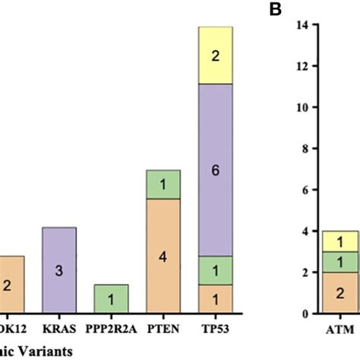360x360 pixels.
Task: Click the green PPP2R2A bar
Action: (x=111, y=297)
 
